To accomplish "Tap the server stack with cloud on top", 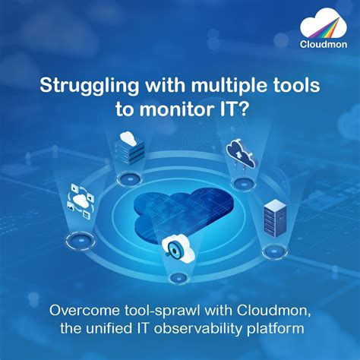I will pyautogui.click(x=126, y=147).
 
